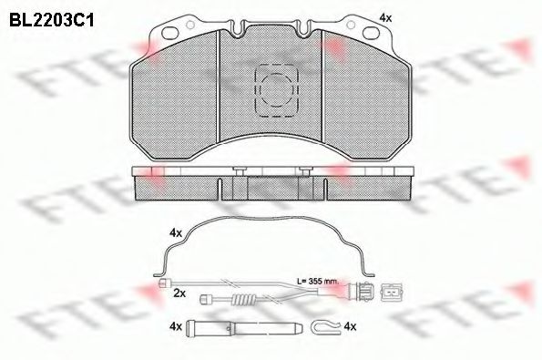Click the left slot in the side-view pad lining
point(220,186)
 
